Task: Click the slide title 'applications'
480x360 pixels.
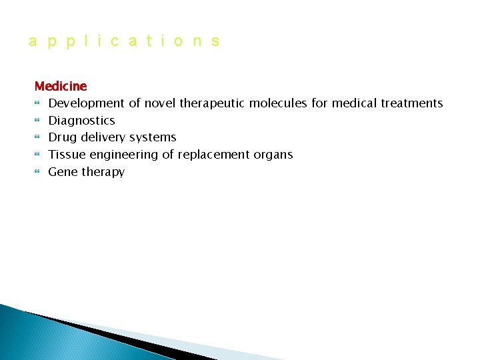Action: (124, 41)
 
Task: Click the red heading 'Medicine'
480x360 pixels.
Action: (61, 86)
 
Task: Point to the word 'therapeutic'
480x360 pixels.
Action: (212, 103)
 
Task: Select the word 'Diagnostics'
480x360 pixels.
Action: (81, 121)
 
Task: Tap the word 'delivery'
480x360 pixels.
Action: (103, 137)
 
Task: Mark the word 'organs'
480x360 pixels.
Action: (273, 155)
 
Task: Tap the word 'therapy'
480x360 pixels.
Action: (103, 172)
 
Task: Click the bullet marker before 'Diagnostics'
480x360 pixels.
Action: (37, 121)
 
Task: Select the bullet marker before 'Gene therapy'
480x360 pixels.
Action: (37, 172)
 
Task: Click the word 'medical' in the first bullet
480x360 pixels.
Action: (354, 103)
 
